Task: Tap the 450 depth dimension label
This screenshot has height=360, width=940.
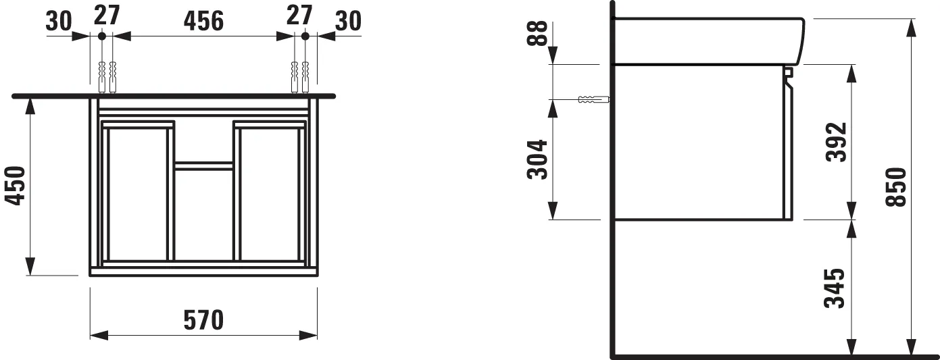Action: [16, 186]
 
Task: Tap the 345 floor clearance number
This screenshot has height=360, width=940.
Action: [835, 288]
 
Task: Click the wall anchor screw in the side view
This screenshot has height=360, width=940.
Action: [594, 100]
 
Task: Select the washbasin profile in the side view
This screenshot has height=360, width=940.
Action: [710, 41]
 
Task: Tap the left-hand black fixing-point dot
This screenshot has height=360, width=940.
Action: [101, 35]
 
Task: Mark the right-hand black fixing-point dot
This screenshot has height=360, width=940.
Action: [305, 35]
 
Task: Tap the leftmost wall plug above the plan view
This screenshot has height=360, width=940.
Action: [101, 76]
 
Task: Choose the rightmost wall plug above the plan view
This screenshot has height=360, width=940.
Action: [306, 76]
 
